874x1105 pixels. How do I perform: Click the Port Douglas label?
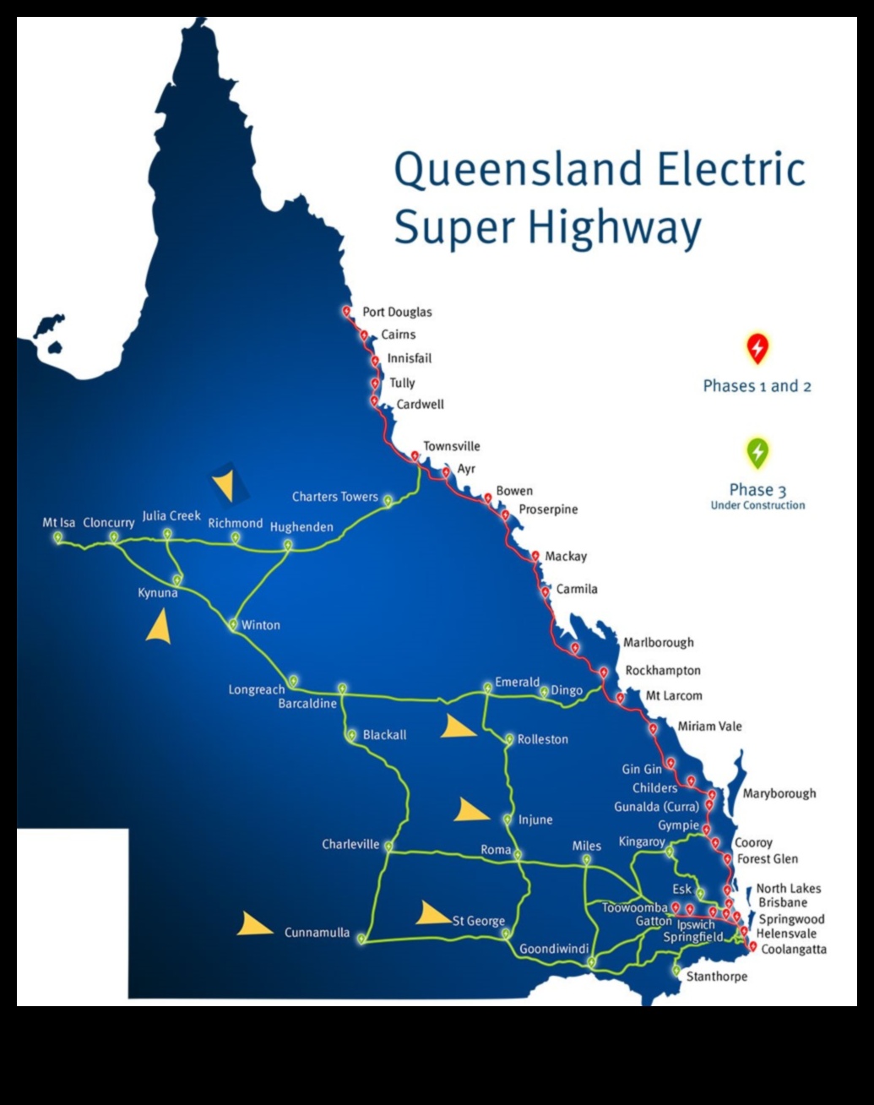(x=397, y=312)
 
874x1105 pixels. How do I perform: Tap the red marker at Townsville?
(x=415, y=456)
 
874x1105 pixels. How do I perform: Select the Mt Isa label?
(x=58, y=523)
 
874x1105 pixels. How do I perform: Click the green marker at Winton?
(x=233, y=624)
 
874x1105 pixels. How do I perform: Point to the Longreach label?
(x=256, y=689)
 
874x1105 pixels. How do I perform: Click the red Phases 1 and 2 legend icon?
(x=757, y=348)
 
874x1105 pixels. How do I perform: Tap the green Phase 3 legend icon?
(x=757, y=453)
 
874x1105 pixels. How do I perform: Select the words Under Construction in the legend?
(x=757, y=505)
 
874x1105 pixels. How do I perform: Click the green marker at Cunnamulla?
(x=361, y=938)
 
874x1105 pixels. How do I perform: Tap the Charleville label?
(x=350, y=844)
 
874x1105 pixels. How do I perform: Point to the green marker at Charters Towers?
(x=388, y=500)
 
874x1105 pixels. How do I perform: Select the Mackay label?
(x=566, y=556)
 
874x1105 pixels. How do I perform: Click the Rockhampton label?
(x=663, y=671)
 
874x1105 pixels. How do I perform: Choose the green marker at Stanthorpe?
(x=676, y=971)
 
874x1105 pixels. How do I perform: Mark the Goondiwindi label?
(x=554, y=949)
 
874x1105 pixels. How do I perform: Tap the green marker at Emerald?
(x=487, y=688)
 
